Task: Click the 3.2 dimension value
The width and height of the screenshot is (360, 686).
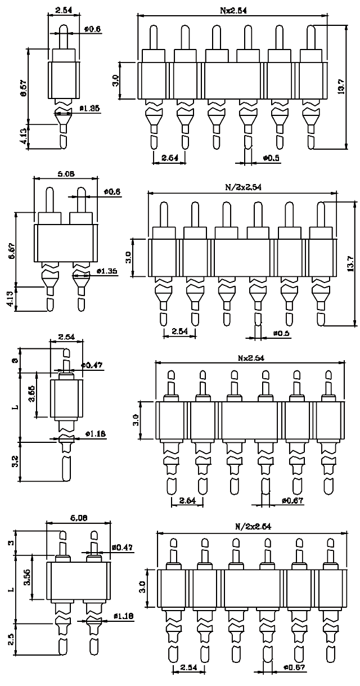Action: point(16,462)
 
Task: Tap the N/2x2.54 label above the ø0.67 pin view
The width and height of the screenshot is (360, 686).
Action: point(254,527)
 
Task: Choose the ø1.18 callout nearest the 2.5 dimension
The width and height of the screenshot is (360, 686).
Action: point(123,617)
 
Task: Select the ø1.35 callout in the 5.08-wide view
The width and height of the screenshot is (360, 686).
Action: point(106,271)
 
